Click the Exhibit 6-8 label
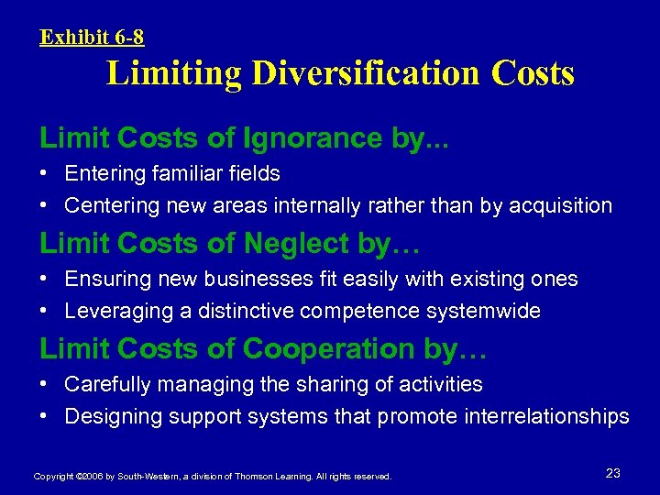92,38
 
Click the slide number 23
613,473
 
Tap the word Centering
112,205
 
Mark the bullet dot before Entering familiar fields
45,173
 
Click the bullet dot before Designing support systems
45,416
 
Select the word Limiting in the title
173,73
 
